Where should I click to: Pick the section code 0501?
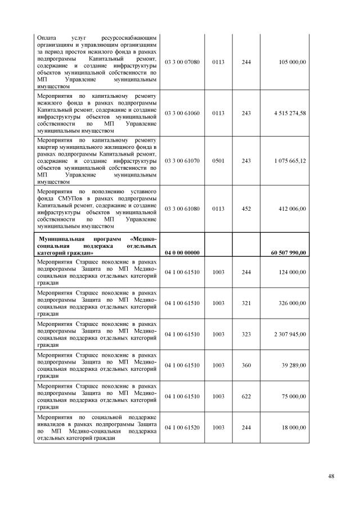coord(218,161)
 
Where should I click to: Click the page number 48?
coord(331,477)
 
